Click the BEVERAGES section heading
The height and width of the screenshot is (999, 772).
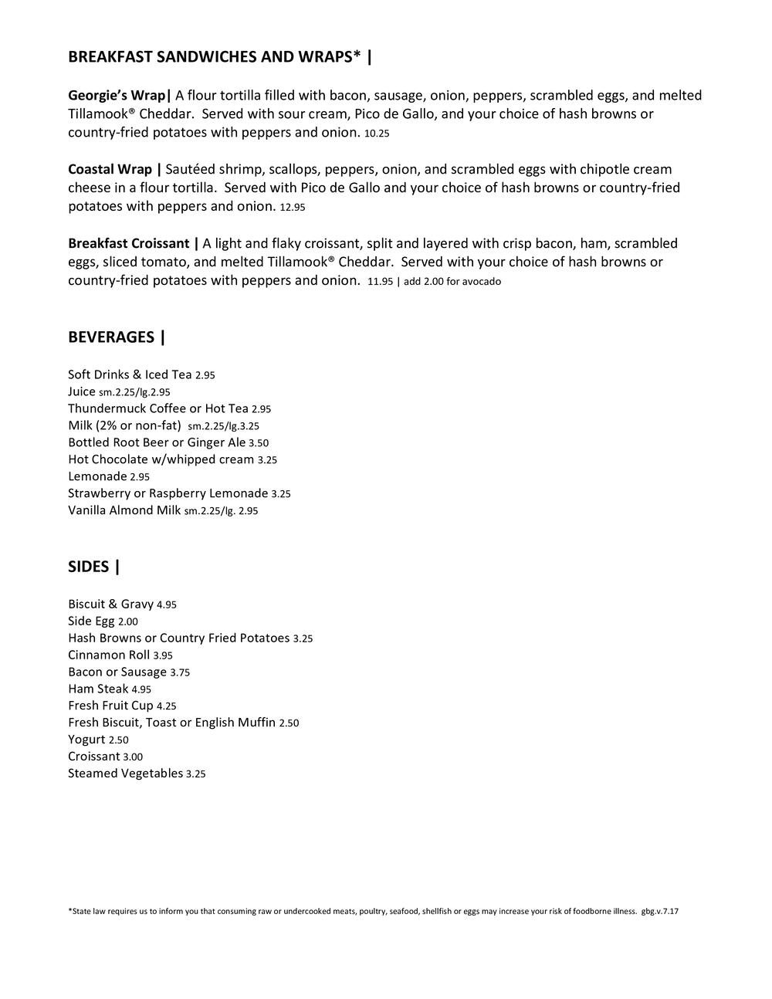pyautogui.click(x=116, y=337)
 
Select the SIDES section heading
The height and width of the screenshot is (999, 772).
pyautogui.click(x=93, y=567)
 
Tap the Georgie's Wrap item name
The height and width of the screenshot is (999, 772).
pyautogui.click(x=118, y=96)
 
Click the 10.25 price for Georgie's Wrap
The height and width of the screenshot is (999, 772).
pyautogui.click(x=377, y=134)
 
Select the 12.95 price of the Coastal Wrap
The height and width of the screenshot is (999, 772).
pyautogui.click(x=293, y=208)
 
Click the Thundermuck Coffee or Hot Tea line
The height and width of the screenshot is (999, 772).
pyautogui.click(x=158, y=408)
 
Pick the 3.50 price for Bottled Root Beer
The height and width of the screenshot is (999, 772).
pyautogui.click(x=259, y=443)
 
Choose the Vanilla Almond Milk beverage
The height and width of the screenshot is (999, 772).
pyautogui.click(x=124, y=510)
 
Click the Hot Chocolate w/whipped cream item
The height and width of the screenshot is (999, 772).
pyautogui.click(x=161, y=459)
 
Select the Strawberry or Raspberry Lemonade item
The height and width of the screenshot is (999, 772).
pyautogui.click(x=168, y=493)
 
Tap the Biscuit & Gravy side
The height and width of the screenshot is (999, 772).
pyautogui.click(x=110, y=604)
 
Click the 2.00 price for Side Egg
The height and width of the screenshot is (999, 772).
pyautogui.click(x=128, y=621)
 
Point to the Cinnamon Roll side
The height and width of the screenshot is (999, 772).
pyautogui.click(x=109, y=655)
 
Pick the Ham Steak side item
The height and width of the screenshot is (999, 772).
pyautogui.click(x=98, y=689)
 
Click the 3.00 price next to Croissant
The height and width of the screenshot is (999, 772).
pyautogui.click(x=133, y=757)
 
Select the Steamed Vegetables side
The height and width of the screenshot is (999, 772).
pyautogui.click(x=125, y=774)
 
